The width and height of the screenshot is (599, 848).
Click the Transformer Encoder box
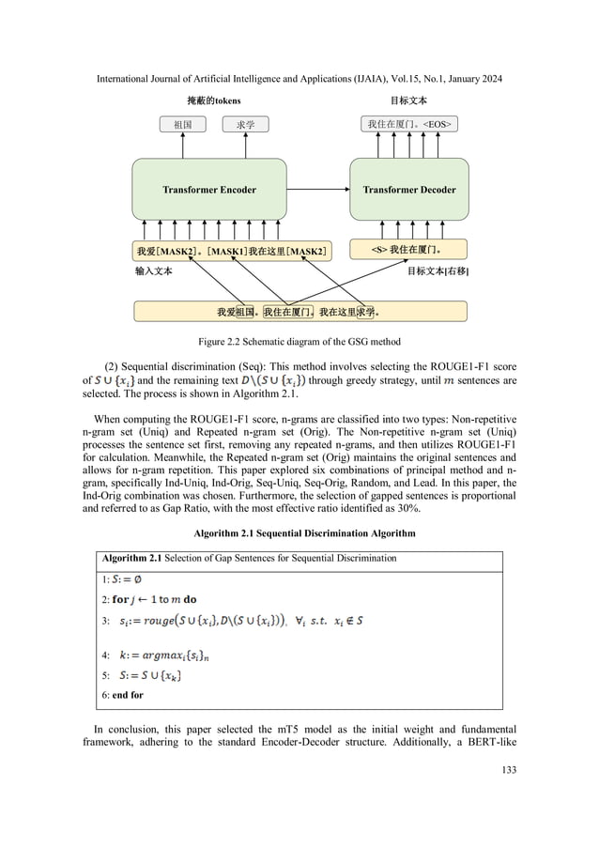tap(208, 190)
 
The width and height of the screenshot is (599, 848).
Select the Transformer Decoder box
tap(408, 190)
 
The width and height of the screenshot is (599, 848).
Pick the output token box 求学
tap(245, 124)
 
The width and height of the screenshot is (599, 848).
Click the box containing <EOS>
tap(409, 124)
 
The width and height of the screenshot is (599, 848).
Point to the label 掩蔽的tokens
tap(212, 100)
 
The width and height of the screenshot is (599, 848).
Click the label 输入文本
tap(154, 270)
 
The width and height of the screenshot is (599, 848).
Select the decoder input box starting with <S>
tap(408, 250)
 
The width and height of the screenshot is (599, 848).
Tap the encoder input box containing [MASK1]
tap(233, 251)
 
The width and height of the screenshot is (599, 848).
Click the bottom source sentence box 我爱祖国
tap(300, 311)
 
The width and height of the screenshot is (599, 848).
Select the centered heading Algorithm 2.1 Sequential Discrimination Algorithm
tap(299, 532)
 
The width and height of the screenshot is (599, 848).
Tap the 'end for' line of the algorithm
tap(122, 695)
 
